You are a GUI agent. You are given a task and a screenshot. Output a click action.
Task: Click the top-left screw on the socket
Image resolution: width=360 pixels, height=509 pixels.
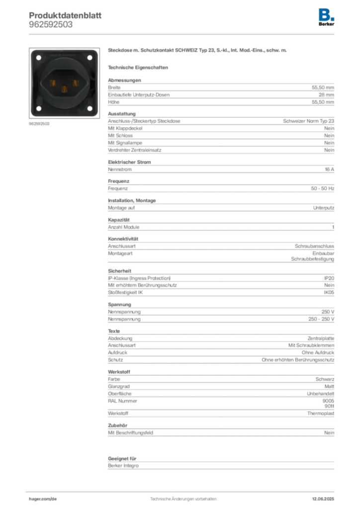38,58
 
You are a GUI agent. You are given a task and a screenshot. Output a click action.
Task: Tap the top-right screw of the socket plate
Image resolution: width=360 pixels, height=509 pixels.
90,58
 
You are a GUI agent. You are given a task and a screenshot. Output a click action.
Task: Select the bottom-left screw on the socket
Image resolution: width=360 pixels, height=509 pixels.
38,108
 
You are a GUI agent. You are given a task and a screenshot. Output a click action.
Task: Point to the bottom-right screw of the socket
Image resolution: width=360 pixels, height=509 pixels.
90,108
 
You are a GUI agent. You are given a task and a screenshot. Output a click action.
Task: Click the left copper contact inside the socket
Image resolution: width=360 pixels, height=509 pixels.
51,83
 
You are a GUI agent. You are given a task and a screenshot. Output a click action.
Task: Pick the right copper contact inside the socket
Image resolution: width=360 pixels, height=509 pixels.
76,83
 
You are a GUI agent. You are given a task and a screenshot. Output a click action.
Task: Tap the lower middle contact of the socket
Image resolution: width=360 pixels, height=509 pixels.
64,89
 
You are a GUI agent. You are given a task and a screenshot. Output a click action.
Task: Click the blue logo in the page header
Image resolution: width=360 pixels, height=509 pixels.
327,14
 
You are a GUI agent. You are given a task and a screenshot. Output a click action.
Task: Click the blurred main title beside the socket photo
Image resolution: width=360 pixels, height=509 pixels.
198,51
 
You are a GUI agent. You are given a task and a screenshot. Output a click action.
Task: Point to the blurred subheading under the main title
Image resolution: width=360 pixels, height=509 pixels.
139,67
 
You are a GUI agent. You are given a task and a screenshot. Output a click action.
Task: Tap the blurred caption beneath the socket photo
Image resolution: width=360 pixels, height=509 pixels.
40,124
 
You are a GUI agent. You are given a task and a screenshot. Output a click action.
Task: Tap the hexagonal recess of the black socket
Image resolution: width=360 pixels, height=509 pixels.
64,83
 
